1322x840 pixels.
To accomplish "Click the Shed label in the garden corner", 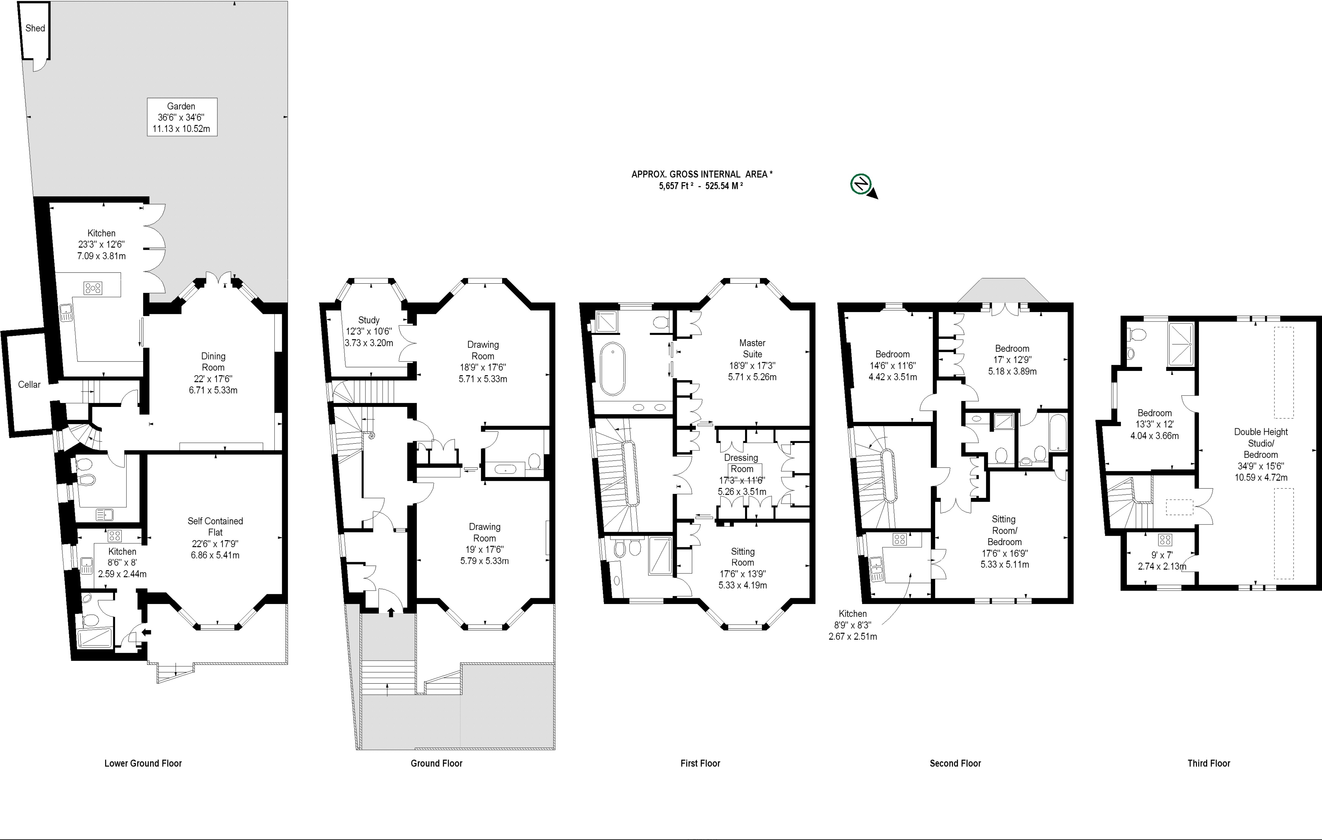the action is [x=35, y=28].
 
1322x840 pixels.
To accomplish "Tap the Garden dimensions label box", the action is [x=182, y=117].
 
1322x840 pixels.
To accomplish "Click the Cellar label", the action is [x=29, y=384].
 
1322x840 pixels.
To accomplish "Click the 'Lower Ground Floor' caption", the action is [x=143, y=763].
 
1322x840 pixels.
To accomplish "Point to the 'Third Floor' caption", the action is [x=1209, y=763].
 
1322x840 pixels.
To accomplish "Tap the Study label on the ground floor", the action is [x=369, y=319].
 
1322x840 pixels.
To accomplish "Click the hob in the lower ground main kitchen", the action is [x=93, y=288].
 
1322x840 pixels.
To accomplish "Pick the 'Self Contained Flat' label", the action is [x=215, y=526].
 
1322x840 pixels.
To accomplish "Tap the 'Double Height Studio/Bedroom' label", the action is [x=1261, y=443].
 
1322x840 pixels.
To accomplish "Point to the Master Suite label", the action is [x=752, y=348].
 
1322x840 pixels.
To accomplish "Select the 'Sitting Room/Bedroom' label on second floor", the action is [x=1004, y=530].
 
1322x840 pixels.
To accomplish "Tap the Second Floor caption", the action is [x=955, y=763].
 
